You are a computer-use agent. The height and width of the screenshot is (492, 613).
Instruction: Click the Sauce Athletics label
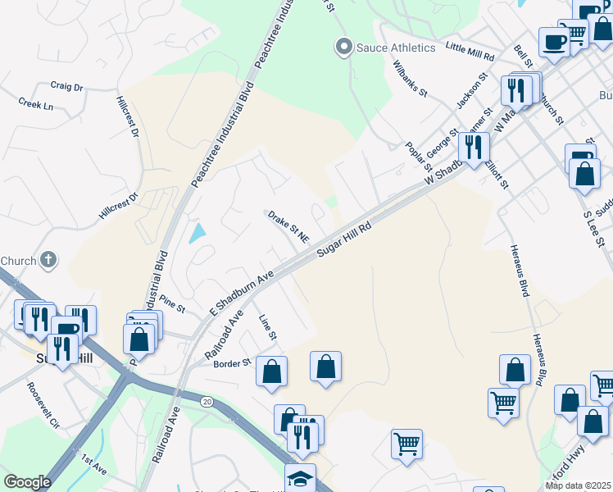pyautogui.click(x=396, y=48)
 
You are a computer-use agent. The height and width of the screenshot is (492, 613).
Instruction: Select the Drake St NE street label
pyautogui.click(x=288, y=226)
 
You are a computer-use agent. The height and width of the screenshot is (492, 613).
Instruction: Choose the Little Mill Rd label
pyautogui.click(x=470, y=51)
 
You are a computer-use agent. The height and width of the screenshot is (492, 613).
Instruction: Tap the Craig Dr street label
pyautogui.click(x=67, y=86)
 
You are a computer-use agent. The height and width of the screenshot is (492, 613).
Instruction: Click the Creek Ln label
pyautogui.click(x=35, y=104)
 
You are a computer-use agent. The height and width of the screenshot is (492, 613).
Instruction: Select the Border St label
pyautogui.click(x=234, y=362)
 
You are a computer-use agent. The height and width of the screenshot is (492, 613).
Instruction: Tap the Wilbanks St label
pyautogui.click(x=410, y=78)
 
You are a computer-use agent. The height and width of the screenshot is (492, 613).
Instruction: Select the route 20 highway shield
pyautogui.click(x=207, y=400)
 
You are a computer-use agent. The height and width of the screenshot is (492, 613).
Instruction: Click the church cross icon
pyautogui.click(x=48, y=261)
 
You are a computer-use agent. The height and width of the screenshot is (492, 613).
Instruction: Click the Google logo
pyautogui.click(x=27, y=482)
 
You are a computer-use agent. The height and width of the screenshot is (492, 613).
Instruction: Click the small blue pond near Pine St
pyautogui.click(x=198, y=234)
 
